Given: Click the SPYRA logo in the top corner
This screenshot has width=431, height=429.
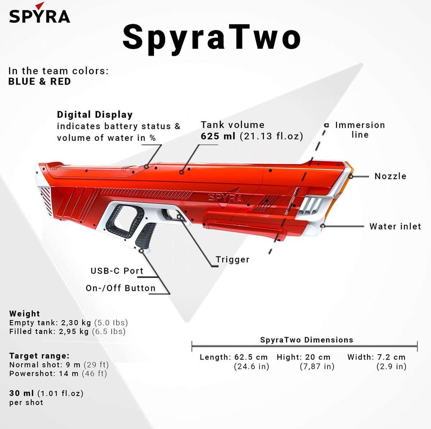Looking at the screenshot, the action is (40, 13).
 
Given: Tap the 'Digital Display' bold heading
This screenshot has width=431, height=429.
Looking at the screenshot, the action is (95, 115).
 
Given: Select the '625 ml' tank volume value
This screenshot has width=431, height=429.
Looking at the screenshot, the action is (218, 136).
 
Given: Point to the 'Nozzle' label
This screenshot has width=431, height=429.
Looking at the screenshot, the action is (390, 176).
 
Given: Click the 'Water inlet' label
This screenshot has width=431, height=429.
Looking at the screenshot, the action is (395, 226).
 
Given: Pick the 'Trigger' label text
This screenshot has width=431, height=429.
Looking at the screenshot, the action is (233, 259).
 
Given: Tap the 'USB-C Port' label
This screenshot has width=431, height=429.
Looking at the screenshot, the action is (117, 271).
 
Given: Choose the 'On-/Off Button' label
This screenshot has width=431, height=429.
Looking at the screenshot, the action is (121, 288).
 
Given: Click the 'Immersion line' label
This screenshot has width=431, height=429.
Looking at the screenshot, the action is (360, 130).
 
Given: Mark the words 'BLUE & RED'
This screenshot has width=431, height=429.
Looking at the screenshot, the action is (40, 82).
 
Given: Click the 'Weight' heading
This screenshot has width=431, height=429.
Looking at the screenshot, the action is (25, 314).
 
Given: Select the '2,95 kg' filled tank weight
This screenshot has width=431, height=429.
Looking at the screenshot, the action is (74, 332).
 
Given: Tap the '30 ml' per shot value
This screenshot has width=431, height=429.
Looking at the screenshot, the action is (22, 393).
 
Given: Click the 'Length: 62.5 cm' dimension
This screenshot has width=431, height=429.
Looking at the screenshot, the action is (234, 357).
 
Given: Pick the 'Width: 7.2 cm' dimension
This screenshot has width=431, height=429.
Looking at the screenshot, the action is (376, 357).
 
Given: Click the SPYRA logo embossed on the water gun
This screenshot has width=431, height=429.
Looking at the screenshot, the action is (225, 197).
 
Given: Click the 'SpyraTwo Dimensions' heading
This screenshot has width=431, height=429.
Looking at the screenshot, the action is (307, 340).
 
